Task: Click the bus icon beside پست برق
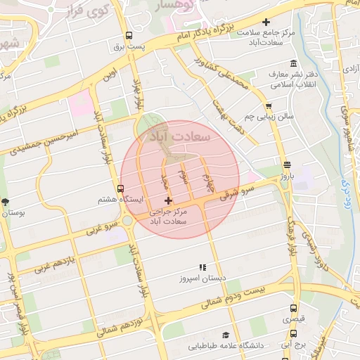pyautogui.click(x=129, y=36)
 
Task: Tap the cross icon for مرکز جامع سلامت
pyautogui.click(x=266, y=22)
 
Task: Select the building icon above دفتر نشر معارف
pyautogui.click(x=272, y=74)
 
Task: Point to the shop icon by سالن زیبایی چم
pyautogui.click(x=269, y=106)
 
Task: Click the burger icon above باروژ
pyautogui.click(x=285, y=165)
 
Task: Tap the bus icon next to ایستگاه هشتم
pyautogui.click(x=121, y=188)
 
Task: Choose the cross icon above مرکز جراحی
pyautogui.click(x=167, y=201)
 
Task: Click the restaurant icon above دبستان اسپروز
pyautogui.click(x=202, y=267)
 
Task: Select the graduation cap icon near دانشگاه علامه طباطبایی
pyautogui.click(x=226, y=335)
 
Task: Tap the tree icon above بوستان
pyautogui.click(x=5, y=200)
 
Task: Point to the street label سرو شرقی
pyautogui.click(x=229, y=194)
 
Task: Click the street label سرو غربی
pyautogui.click(x=100, y=226)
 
